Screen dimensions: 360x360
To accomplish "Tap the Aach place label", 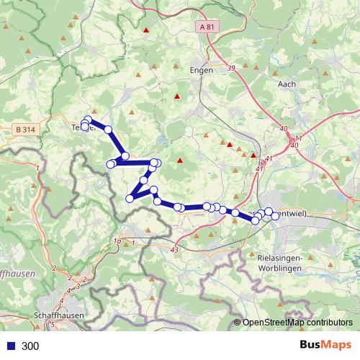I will (287, 84).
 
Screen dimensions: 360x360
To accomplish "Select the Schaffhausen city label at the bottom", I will (58, 315).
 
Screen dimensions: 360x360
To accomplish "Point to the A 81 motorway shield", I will (207, 27).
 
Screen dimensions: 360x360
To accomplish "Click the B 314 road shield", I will (25, 129).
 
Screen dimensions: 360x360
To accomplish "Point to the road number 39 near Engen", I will (231, 68).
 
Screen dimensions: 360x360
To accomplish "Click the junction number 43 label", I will (175, 249).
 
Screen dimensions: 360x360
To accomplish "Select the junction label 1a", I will (117, 242).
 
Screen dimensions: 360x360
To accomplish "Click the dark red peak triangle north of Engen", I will (146, 30).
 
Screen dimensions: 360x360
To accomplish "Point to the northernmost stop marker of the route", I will (88, 120).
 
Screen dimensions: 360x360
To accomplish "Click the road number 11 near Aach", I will (298, 138).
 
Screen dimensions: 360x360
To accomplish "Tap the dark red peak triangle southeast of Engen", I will (177, 96).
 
